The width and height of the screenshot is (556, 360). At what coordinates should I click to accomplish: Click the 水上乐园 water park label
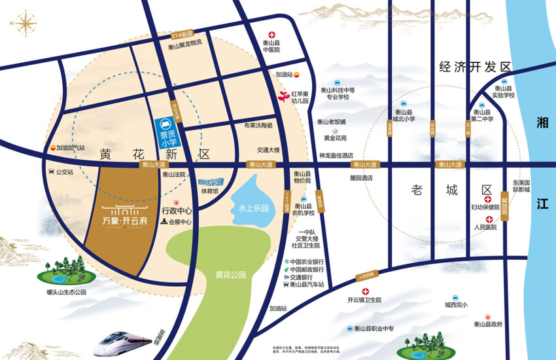(x=254, y=209)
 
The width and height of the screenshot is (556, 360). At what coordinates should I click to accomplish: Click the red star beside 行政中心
(x=177, y=203)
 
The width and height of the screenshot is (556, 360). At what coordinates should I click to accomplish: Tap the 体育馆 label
(x=209, y=192)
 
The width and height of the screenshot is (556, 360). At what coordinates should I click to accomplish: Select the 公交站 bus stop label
(x=64, y=173)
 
